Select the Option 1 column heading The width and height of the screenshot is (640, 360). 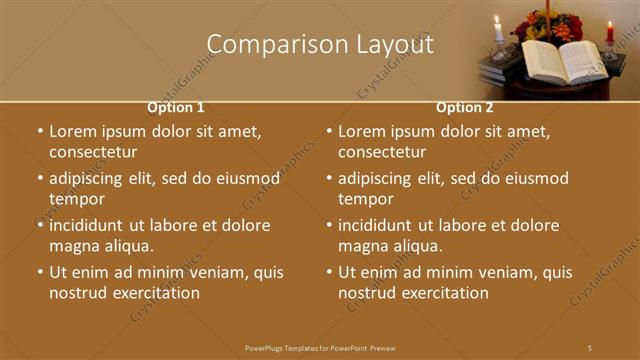tap(176, 107)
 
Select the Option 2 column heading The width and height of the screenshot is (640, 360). tap(465, 107)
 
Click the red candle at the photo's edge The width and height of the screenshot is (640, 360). tap(610, 32)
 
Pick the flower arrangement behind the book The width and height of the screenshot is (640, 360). tap(547, 25)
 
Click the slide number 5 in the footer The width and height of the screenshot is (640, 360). tap(590, 348)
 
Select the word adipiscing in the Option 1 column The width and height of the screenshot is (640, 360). tap(91, 179)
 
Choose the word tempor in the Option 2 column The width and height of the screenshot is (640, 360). tap(366, 199)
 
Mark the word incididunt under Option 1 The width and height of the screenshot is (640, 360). tap(91, 225)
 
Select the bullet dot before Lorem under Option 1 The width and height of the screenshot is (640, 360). tap(40, 131)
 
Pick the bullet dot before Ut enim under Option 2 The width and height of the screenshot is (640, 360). tap(329, 272)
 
